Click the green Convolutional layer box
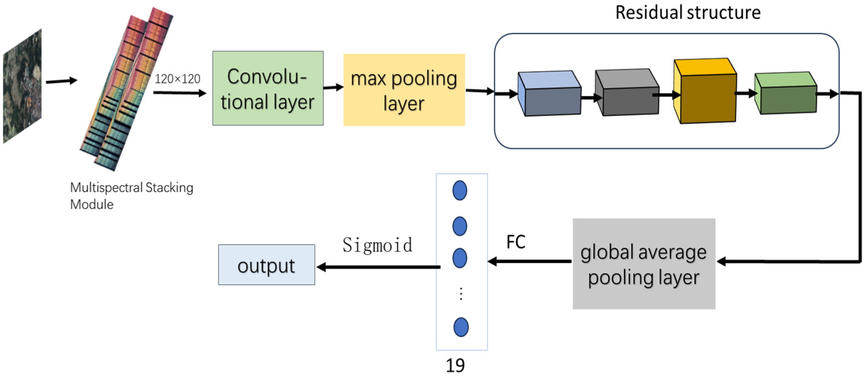[268, 88]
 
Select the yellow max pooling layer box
[404, 90]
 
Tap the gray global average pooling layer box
[644, 264]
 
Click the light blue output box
[266, 265]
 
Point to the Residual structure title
[687, 13]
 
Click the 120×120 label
[177, 79]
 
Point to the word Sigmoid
[377, 245]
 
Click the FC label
[516, 242]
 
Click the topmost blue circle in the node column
[459, 190]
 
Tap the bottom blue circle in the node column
[461, 327]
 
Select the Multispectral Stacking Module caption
[131, 196]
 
